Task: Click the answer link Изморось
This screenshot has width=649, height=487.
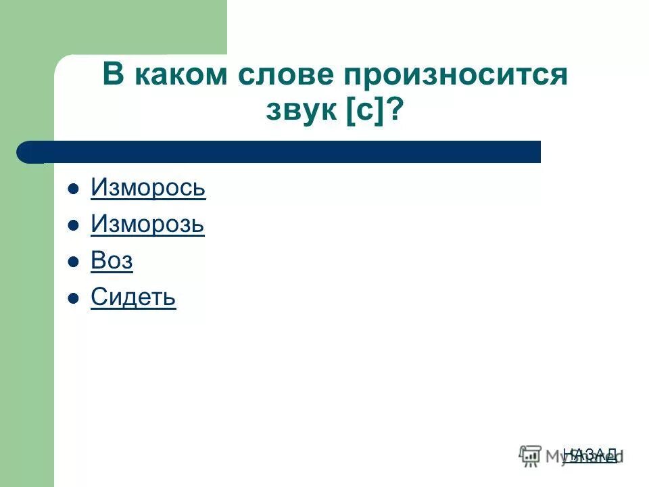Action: click(148, 187)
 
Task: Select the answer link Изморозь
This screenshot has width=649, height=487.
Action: click(147, 224)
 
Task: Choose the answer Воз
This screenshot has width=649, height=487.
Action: click(112, 261)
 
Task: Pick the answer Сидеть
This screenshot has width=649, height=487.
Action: click(133, 298)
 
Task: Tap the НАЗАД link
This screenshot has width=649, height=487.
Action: click(590, 454)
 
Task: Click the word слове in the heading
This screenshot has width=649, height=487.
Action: click(284, 75)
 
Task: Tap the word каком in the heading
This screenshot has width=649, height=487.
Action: click(181, 75)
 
